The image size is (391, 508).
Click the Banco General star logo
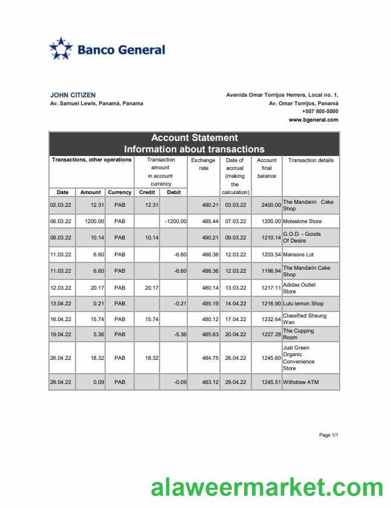(x=60, y=49)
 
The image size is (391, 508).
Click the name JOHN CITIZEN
(x=73, y=95)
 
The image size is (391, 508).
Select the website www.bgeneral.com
(x=313, y=120)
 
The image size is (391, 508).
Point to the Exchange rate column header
(x=203, y=164)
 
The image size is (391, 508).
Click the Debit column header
(x=173, y=192)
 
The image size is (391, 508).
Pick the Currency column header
(x=120, y=192)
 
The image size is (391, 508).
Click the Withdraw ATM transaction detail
(x=300, y=382)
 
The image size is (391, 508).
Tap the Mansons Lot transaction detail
(x=298, y=255)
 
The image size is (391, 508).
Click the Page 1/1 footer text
(x=328, y=435)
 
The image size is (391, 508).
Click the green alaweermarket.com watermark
(x=267, y=487)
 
